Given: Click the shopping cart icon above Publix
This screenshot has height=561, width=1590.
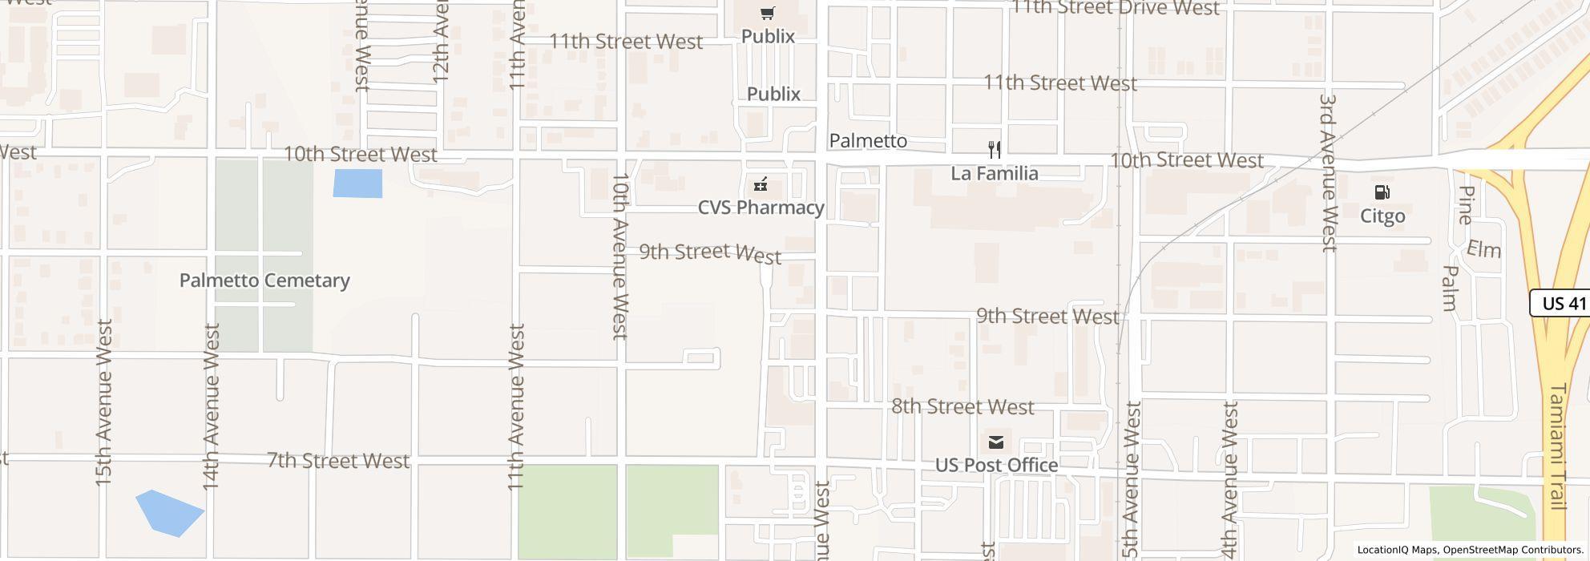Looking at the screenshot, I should [768, 13].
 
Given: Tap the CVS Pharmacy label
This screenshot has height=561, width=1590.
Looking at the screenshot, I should [761, 208].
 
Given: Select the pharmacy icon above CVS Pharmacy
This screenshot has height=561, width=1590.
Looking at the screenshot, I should [760, 185].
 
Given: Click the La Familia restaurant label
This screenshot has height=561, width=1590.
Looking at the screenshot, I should [994, 173].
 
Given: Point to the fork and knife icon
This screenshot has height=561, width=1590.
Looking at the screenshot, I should [995, 150].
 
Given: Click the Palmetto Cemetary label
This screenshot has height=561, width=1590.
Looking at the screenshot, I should [264, 280].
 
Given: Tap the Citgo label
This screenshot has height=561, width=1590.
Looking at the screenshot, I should [1382, 216].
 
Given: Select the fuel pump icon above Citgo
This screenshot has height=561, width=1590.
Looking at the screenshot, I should [1382, 192].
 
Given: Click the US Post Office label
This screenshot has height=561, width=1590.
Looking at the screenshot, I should [996, 465].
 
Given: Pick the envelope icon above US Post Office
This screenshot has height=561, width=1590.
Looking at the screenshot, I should [996, 442].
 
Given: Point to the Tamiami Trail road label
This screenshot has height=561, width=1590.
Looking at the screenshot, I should [1557, 446].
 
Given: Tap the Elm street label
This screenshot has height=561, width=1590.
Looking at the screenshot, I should [1483, 249].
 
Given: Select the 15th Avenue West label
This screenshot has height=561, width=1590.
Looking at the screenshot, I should [103, 402].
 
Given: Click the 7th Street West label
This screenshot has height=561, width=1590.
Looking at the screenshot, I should [338, 461].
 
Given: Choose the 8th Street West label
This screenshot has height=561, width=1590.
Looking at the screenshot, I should [962, 407].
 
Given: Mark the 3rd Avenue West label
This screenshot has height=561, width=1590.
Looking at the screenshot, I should [1328, 172].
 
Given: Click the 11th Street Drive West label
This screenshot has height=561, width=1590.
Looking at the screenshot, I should [1115, 8].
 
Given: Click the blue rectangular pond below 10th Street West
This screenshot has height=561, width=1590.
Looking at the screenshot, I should [357, 184].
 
